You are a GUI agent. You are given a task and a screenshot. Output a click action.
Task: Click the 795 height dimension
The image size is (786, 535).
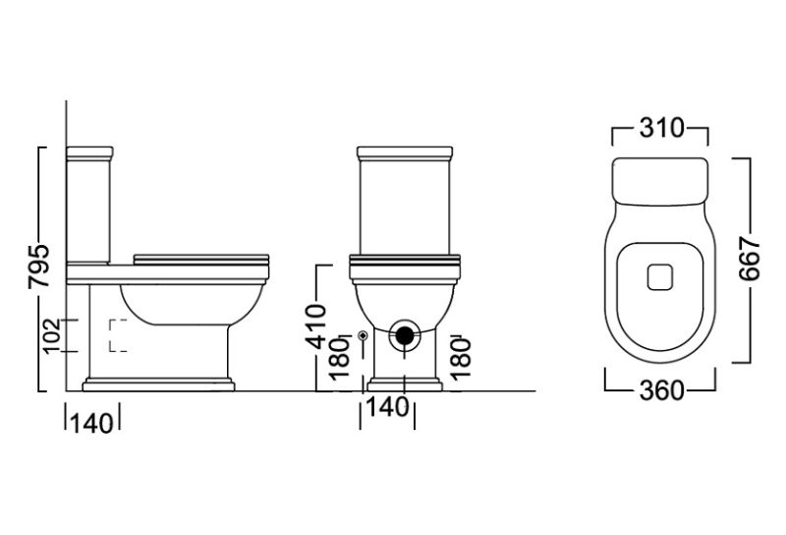[x=39, y=266]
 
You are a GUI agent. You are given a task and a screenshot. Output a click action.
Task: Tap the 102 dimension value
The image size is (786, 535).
[x=52, y=335]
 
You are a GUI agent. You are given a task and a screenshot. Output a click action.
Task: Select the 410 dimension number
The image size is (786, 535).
[x=316, y=327]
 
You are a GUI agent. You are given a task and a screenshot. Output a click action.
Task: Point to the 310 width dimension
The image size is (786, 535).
[x=661, y=128]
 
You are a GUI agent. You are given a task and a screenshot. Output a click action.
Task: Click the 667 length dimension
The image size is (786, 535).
[x=750, y=259]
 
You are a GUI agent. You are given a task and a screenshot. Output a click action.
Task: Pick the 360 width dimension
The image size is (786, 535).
[x=661, y=390]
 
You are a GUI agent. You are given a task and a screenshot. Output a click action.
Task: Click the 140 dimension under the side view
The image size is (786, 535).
[x=91, y=424]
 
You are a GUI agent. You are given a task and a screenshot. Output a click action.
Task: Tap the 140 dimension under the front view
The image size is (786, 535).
[x=387, y=407]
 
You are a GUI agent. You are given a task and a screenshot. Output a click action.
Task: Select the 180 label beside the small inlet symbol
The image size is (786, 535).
[x=340, y=359]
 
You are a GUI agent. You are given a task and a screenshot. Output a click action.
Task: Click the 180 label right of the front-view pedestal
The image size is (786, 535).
[x=461, y=359]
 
